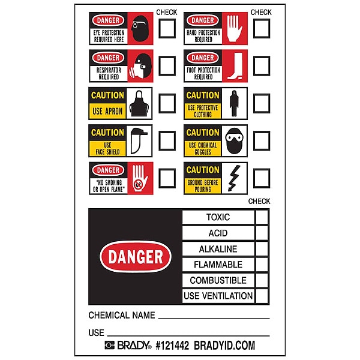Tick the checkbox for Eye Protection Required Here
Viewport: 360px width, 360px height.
(x=167, y=28)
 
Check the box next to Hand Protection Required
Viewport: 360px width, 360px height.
(x=262, y=28)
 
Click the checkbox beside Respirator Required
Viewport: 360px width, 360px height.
(x=167, y=66)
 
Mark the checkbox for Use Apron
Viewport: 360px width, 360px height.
(x=167, y=103)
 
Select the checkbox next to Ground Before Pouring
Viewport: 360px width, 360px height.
(x=262, y=178)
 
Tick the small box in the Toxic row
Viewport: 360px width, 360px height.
(x=262, y=217)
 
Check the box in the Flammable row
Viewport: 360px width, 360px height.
(x=262, y=265)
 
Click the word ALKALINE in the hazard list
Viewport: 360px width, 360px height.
(x=218, y=249)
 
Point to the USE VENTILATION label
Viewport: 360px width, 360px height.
(x=218, y=296)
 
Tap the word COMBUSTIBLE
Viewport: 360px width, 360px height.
(x=218, y=280)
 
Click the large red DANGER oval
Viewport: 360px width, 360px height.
(x=136, y=256)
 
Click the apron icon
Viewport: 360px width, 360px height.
(x=139, y=103)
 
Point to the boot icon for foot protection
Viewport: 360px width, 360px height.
(x=235, y=66)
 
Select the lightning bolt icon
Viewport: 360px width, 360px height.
(x=234, y=178)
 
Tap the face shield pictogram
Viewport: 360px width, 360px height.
(x=139, y=141)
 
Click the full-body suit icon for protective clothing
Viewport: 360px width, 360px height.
(x=234, y=103)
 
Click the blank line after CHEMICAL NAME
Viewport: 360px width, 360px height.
(x=214, y=318)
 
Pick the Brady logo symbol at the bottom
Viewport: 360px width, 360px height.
(x=110, y=345)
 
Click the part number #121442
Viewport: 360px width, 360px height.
(x=172, y=346)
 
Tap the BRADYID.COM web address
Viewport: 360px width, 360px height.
(x=224, y=346)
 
